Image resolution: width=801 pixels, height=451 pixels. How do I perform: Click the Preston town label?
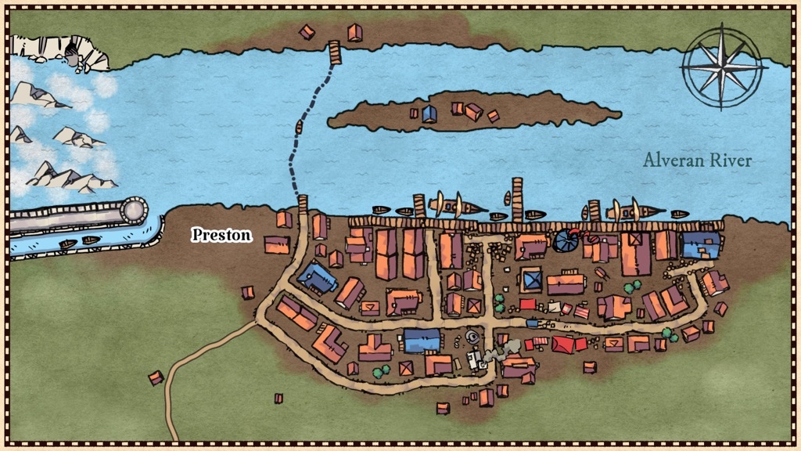coord(222,235)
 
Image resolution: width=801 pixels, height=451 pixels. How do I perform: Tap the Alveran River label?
coord(697,161)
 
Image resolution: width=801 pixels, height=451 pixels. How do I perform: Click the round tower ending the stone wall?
coord(134,211)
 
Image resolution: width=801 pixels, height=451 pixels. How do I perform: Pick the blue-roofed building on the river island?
coord(429,114)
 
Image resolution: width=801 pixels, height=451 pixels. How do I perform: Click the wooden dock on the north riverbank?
coord(335,52)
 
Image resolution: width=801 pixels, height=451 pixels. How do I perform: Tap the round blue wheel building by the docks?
coord(563,241)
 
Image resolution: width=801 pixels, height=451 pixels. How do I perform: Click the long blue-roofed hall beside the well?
coord(422,341)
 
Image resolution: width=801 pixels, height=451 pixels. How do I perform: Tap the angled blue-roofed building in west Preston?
coord(316,277)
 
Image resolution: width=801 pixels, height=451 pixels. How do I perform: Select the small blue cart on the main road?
coord(533,323)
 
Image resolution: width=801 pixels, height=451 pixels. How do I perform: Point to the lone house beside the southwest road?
coord(156,377)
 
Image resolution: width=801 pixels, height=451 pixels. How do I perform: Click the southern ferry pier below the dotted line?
coord(303,205)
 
